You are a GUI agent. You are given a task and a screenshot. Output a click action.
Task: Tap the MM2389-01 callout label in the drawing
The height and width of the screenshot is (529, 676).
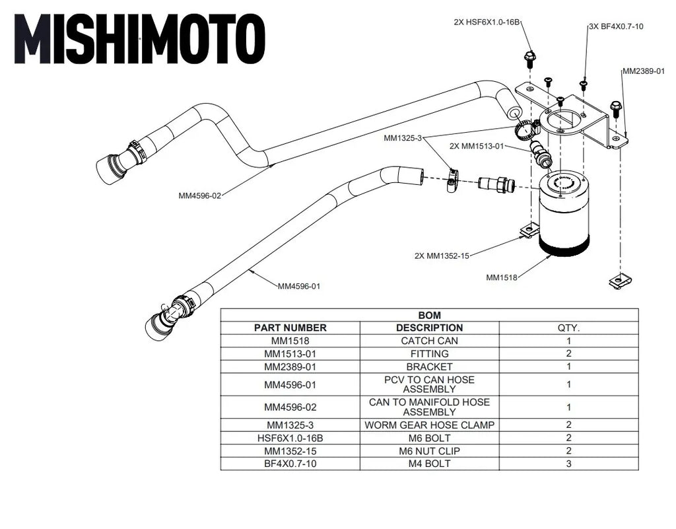(643, 71)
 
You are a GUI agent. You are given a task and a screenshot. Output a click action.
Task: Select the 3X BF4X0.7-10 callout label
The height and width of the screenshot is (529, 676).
(616, 26)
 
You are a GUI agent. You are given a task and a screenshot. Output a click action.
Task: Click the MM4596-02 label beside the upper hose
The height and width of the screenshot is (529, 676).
(199, 195)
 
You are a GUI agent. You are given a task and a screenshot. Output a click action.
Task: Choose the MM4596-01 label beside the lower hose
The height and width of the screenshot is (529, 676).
(299, 286)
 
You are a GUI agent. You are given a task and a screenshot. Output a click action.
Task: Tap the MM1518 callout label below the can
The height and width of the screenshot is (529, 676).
(501, 278)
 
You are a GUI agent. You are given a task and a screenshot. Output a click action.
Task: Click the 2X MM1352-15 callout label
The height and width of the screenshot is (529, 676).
(442, 256)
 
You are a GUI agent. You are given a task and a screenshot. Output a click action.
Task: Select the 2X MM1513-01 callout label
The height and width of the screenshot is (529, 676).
(477, 146)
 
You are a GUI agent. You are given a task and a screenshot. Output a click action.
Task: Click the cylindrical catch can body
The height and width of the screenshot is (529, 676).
(564, 211)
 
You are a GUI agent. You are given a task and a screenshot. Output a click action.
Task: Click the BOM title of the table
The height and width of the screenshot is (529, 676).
(429, 315)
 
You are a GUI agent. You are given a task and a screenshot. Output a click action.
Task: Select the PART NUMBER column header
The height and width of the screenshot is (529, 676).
(290, 328)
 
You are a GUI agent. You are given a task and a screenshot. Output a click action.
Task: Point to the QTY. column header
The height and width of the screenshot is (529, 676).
(568, 328)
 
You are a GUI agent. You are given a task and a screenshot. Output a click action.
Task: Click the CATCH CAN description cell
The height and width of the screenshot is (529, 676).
(429, 341)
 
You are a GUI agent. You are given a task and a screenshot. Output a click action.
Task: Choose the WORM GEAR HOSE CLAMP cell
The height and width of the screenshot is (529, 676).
(429, 425)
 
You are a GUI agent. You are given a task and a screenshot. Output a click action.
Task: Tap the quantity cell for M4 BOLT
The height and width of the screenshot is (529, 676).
(568, 464)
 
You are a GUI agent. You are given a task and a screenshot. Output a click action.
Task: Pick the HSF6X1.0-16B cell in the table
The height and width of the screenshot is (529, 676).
(290, 438)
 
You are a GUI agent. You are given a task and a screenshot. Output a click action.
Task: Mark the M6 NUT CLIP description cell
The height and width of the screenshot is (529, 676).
(429, 451)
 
